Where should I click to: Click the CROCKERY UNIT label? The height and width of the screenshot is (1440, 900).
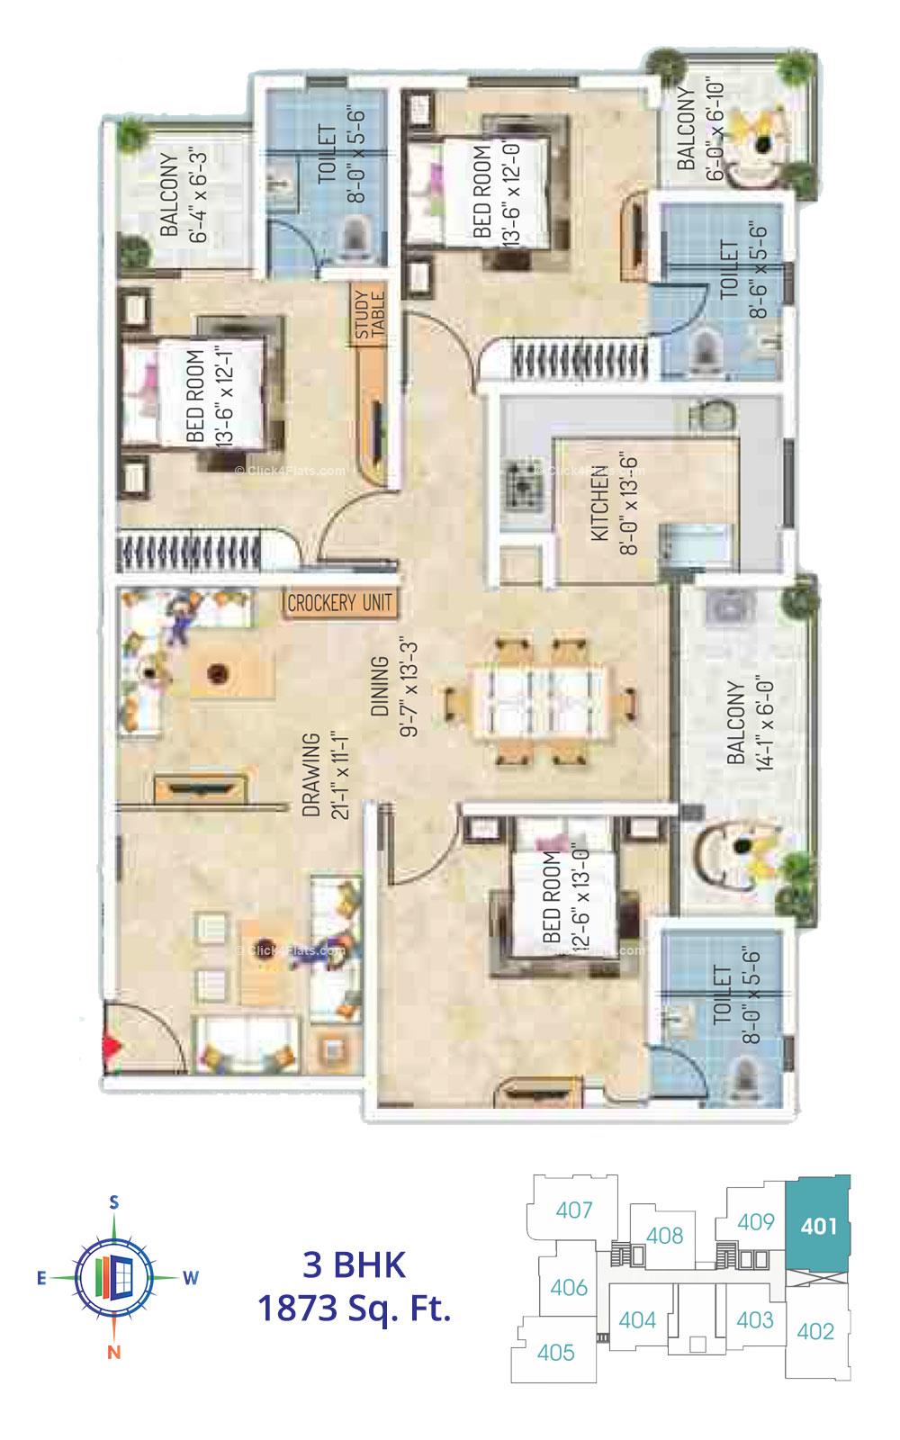[x=339, y=603]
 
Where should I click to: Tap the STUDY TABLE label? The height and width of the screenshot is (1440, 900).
[x=369, y=315]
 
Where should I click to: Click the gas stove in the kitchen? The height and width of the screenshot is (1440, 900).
[x=520, y=484]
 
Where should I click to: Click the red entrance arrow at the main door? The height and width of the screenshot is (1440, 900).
[x=112, y=1047]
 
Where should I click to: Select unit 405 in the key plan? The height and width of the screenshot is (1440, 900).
[x=555, y=1352]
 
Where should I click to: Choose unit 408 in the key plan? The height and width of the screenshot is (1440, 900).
[x=664, y=1235]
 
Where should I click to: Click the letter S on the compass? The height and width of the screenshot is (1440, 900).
[x=114, y=1201]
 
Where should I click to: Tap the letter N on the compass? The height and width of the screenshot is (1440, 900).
[x=114, y=1351]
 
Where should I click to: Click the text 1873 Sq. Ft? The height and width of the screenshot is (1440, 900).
[x=354, y=1307]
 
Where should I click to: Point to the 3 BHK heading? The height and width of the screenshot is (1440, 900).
[x=354, y=1264]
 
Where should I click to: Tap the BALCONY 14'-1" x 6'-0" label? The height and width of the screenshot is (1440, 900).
[x=749, y=722]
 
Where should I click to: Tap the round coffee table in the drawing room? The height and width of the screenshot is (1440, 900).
[x=216, y=671]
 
